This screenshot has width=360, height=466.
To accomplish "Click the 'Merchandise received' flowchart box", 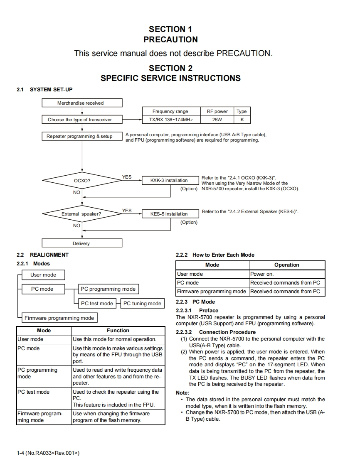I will click(x=82, y=103).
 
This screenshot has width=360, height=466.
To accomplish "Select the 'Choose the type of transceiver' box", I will click(x=82, y=120).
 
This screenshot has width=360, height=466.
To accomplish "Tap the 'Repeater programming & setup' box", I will click(x=82, y=136).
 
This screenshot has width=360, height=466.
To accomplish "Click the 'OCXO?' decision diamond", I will click(x=82, y=181).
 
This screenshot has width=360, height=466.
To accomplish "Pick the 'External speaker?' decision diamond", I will click(x=82, y=214).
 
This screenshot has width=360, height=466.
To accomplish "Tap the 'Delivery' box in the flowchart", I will click(x=82, y=243).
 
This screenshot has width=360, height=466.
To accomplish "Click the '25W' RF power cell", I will click(x=217, y=120).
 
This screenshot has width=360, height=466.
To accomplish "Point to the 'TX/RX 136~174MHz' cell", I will click(x=171, y=120).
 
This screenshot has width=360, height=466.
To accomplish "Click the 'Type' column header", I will click(x=242, y=111).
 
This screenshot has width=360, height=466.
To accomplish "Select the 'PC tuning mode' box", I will click(x=142, y=304).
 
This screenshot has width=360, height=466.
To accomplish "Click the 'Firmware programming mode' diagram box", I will click(x=59, y=318).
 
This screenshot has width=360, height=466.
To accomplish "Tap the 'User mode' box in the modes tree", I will click(x=43, y=275).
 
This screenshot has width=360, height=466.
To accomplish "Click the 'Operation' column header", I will click(x=286, y=265).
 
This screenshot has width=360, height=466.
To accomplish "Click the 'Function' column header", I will click(x=118, y=331).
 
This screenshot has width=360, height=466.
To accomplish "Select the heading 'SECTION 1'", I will click(x=170, y=29).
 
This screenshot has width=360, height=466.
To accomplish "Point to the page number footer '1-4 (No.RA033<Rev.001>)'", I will click(x=48, y=453).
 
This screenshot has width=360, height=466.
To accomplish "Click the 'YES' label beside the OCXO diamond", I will click(x=127, y=177).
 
